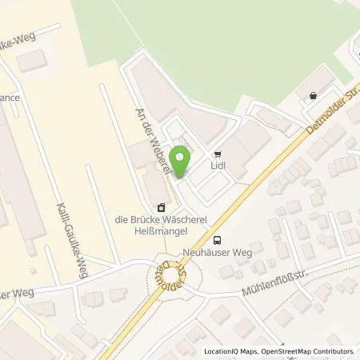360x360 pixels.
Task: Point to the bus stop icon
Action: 216,240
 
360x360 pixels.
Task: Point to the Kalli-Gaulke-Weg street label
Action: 66,239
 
